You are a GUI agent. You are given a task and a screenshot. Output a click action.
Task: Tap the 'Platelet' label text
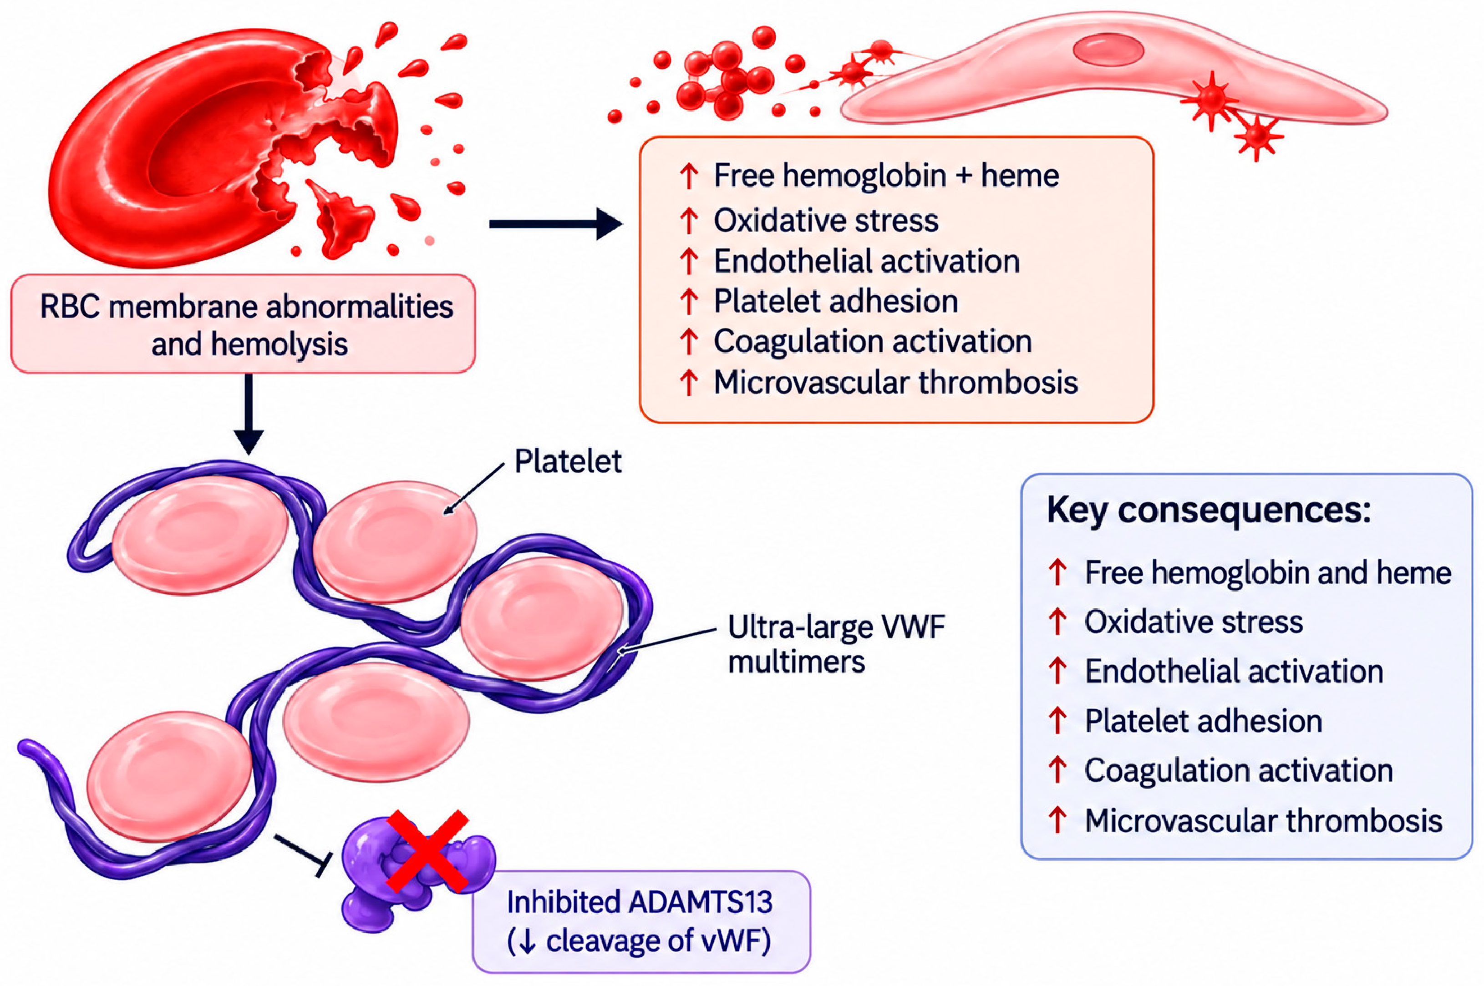pyautogui.click(x=568, y=461)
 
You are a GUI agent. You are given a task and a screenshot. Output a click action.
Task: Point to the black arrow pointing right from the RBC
pyautogui.click(x=555, y=224)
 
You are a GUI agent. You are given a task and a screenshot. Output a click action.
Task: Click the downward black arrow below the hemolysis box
pyautogui.click(x=249, y=414)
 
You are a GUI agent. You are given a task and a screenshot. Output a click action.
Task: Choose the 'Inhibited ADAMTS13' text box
pyautogui.click(x=641, y=922)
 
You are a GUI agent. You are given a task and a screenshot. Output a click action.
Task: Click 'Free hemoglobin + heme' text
pyautogui.click(x=886, y=176)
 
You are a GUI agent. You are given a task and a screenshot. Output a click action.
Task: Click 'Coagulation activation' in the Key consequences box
pyautogui.click(x=1239, y=771)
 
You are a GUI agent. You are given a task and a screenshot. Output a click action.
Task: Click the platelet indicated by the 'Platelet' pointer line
pyautogui.click(x=394, y=541)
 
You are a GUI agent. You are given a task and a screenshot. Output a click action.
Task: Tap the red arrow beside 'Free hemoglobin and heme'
pyautogui.click(x=1057, y=573)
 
